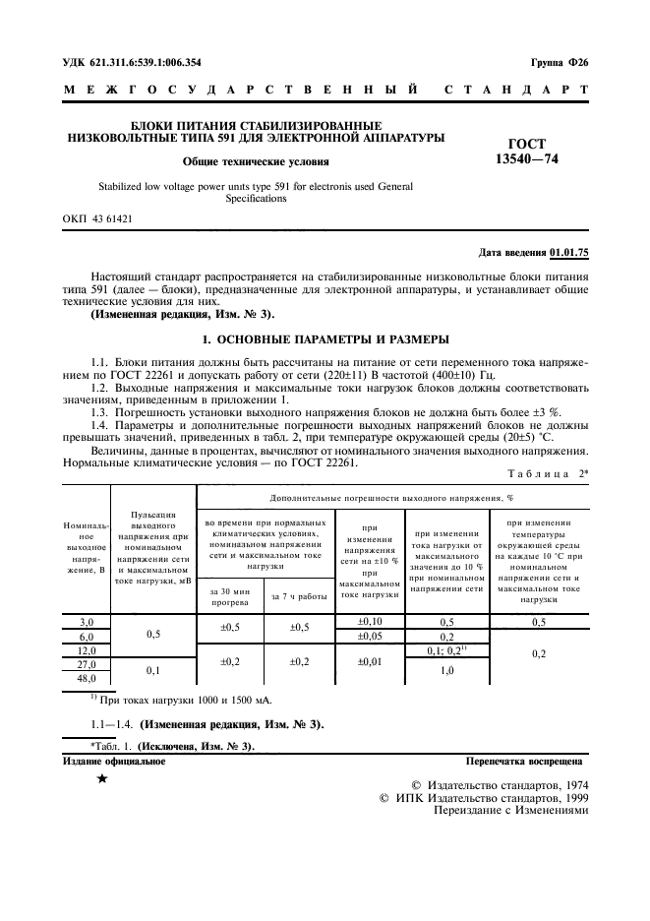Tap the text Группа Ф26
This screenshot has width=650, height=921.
[x=558, y=62]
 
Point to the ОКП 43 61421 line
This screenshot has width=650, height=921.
[x=97, y=218]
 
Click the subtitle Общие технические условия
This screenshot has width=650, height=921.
[x=255, y=161]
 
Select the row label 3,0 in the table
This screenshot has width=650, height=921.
[x=87, y=622]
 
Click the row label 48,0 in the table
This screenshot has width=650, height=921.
[x=87, y=678]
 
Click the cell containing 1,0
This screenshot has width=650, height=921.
[x=446, y=670]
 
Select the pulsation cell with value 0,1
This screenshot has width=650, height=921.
[x=153, y=670]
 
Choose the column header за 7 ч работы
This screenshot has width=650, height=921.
[x=298, y=596]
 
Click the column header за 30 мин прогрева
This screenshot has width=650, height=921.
[x=231, y=596]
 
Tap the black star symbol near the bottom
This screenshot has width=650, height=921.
[x=102, y=779]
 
